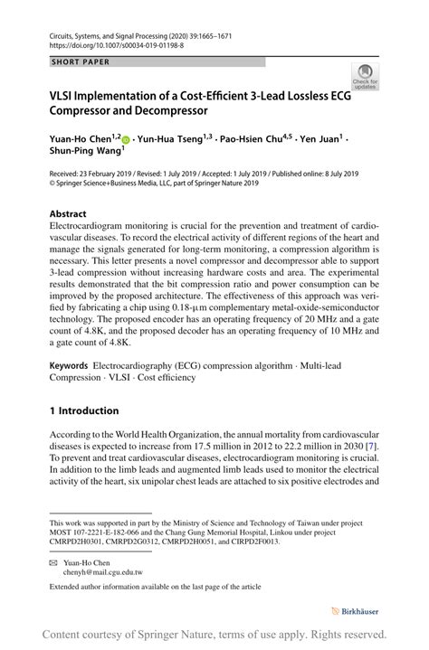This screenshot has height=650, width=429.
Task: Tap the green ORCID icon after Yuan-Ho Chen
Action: (x=126, y=140)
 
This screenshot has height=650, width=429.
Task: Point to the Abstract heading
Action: (x=68, y=214)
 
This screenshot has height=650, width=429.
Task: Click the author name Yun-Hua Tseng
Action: (x=172, y=139)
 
